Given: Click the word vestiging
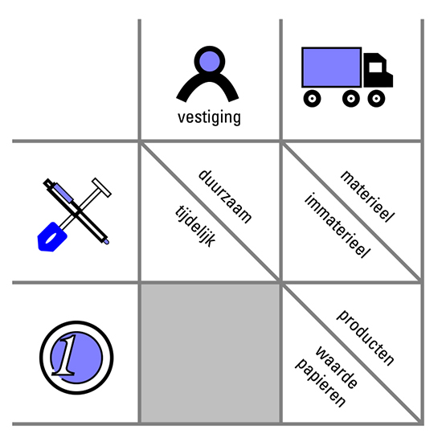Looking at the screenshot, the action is point(209,118).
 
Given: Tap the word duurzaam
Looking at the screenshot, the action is point(225,197).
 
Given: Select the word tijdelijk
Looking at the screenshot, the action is point(195,227).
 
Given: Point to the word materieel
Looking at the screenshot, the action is point(367,196).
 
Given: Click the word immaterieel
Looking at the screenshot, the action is point(338,226).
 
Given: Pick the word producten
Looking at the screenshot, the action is point(366,338).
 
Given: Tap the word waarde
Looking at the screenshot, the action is point(337,367).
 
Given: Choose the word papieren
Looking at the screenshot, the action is point(320,383).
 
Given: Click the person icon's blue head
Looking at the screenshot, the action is point(210,61).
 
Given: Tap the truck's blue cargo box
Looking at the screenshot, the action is point(331,68).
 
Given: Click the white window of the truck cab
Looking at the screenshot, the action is point(375,68).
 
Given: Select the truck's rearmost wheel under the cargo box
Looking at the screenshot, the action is point(312,98).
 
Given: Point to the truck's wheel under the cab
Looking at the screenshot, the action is point(376,98).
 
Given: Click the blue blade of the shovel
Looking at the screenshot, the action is point(52,237).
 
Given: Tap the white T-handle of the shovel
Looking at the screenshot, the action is point(101,187).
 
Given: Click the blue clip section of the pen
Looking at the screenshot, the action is point(63,193).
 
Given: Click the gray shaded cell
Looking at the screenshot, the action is point(211,353).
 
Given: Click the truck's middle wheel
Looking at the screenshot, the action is point(351,98).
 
